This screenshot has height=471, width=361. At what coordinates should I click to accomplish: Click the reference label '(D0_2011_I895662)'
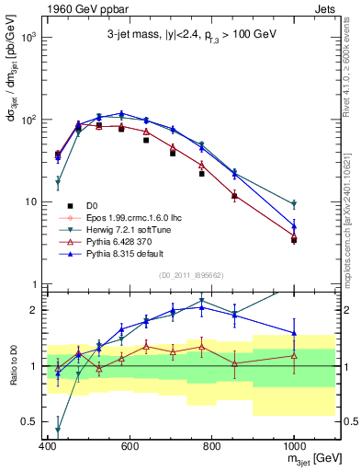pos(191,275)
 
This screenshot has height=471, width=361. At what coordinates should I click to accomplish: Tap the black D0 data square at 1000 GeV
pos(294,240)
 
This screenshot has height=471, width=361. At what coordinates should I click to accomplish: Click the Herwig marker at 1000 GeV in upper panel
pos(294,204)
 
